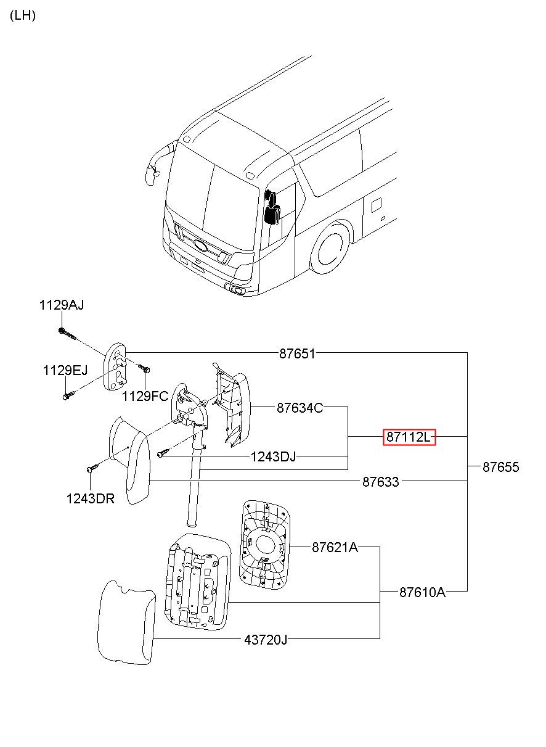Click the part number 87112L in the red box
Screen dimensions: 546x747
[x=409, y=437]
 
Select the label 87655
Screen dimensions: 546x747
[x=500, y=467]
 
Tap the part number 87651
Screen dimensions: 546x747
[x=297, y=353]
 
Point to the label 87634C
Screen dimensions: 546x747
[x=300, y=408]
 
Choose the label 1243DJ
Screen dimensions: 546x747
[x=273, y=456]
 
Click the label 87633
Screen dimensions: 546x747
[x=380, y=482]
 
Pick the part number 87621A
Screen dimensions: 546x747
[x=335, y=547]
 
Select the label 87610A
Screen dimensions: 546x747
[x=422, y=592]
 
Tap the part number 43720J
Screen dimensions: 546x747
[x=266, y=640]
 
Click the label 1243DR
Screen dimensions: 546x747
[x=90, y=499]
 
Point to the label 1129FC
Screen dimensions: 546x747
[x=145, y=396]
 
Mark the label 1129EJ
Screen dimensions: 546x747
[x=65, y=370]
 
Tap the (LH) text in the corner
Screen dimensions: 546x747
[x=23, y=15]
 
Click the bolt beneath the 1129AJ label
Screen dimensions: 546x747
[x=67, y=334]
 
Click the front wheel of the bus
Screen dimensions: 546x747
[x=330, y=249]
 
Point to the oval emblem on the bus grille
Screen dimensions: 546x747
[x=201, y=245]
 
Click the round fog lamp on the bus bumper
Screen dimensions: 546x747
[x=238, y=291]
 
